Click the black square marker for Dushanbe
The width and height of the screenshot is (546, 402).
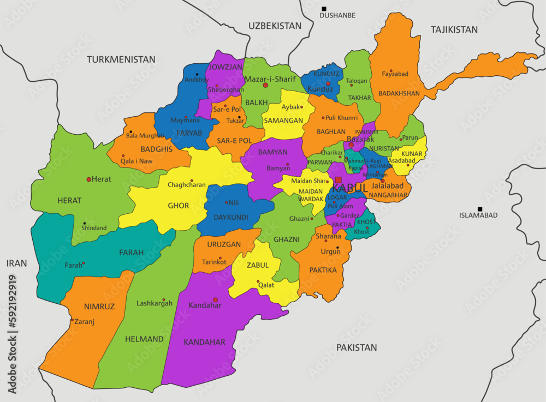[324, 9]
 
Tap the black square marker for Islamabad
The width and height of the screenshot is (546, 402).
[480, 209]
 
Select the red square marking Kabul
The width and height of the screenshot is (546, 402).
[339, 180]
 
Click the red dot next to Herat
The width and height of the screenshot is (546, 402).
[89, 179]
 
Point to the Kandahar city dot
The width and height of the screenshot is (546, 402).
[215, 299]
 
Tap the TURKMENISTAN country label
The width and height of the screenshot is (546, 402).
[121, 59]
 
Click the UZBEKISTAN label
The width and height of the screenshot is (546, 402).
[275, 26]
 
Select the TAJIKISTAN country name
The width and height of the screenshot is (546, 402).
[454, 29]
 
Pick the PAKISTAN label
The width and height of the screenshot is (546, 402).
[357, 347]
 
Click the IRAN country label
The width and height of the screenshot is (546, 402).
[16, 263]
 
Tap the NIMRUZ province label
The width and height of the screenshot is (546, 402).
[99, 307]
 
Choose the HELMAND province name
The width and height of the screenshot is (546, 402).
[144, 339]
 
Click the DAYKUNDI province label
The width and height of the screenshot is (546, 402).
[227, 216]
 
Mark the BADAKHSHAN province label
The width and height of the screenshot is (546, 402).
[399, 93]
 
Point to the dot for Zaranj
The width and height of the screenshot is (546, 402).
[72, 320]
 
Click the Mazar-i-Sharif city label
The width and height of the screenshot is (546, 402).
[270, 79]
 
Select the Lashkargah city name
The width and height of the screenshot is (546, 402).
[155, 303]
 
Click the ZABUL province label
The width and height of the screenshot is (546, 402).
[258, 265]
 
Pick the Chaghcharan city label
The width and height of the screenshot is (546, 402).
[187, 185]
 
